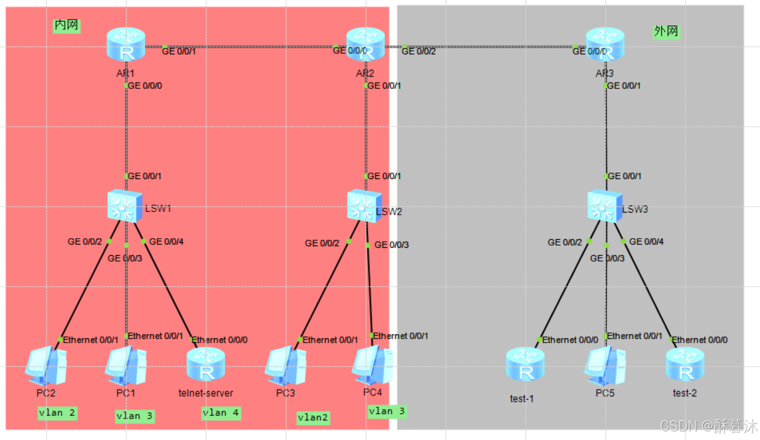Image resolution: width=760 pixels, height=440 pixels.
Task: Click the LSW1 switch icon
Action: pos(126,206)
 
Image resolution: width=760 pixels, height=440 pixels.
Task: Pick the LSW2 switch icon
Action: pos(365,206)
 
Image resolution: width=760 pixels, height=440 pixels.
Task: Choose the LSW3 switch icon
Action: pos(605,206)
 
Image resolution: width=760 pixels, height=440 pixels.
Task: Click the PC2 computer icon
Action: pos(47,366)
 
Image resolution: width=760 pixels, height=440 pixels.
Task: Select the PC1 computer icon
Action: pos(126,366)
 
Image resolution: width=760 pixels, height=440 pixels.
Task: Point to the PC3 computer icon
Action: pos(286,366)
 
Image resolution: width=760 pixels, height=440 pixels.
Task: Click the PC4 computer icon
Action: pos(372,365)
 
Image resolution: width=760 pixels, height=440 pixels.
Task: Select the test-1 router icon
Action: pos(526,365)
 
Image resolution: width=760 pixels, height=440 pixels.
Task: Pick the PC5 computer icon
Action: pos(605,366)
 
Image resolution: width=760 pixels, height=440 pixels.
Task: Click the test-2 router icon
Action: pos(685,365)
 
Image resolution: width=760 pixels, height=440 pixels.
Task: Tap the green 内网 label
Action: pos(67,26)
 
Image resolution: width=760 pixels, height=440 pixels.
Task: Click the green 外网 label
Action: pos(666,32)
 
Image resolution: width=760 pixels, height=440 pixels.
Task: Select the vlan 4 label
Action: pos(221,413)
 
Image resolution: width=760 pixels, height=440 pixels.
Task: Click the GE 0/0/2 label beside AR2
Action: pos(419,51)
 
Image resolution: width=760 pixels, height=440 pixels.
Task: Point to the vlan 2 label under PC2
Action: pos(58,413)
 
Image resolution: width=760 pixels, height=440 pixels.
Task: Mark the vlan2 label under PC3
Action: pos(313,418)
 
